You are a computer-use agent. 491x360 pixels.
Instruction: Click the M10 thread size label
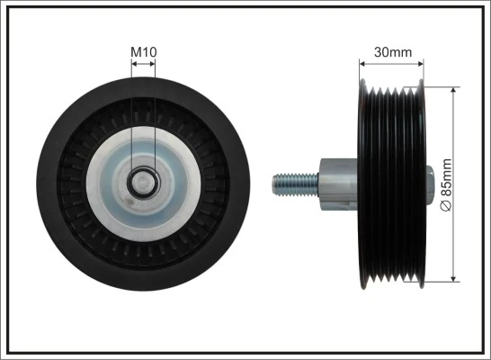143,53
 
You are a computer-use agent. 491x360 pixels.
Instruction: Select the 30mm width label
392,52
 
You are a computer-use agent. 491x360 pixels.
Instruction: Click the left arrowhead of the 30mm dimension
363,63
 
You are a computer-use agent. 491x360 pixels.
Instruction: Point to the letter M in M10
136,53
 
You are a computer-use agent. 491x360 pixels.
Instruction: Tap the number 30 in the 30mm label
382,52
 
